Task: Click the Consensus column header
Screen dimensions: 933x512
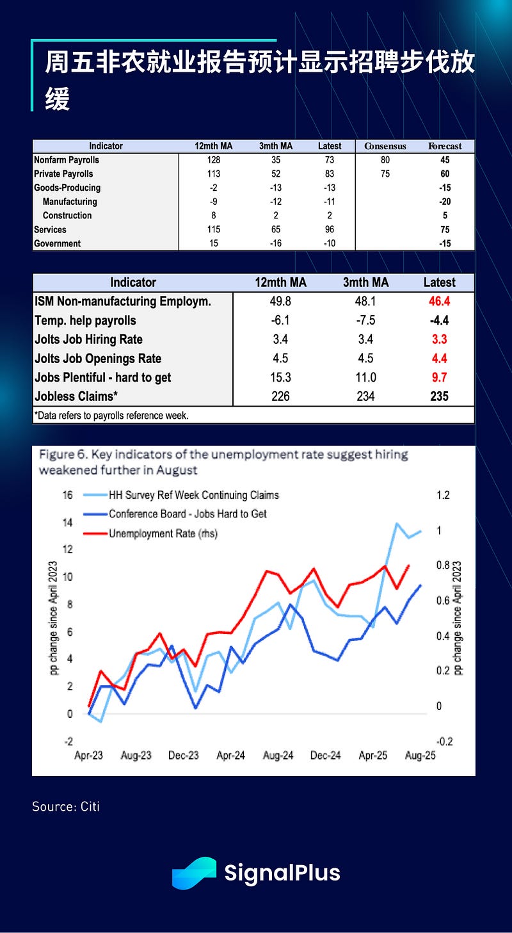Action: [x=385, y=146]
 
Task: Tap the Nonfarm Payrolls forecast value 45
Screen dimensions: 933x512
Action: [x=444, y=160]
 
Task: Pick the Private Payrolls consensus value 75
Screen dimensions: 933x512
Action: [x=385, y=174]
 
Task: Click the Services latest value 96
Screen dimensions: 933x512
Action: [x=330, y=230]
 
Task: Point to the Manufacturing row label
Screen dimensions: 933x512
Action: [x=69, y=202]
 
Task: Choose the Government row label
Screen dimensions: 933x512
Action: [x=58, y=244]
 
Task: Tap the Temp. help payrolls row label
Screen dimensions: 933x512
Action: [x=85, y=321]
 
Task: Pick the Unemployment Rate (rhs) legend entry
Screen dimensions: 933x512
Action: [x=163, y=533]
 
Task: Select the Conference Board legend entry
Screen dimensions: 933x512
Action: [x=188, y=514]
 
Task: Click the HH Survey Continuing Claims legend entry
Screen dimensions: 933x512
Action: [x=193, y=495]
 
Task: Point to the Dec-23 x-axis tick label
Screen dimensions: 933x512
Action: [x=184, y=756]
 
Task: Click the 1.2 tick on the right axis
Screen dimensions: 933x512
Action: [x=443, y=495]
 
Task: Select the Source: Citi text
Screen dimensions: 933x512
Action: [x=66, y=806]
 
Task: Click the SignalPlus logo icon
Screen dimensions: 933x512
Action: [x=194, y=873]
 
